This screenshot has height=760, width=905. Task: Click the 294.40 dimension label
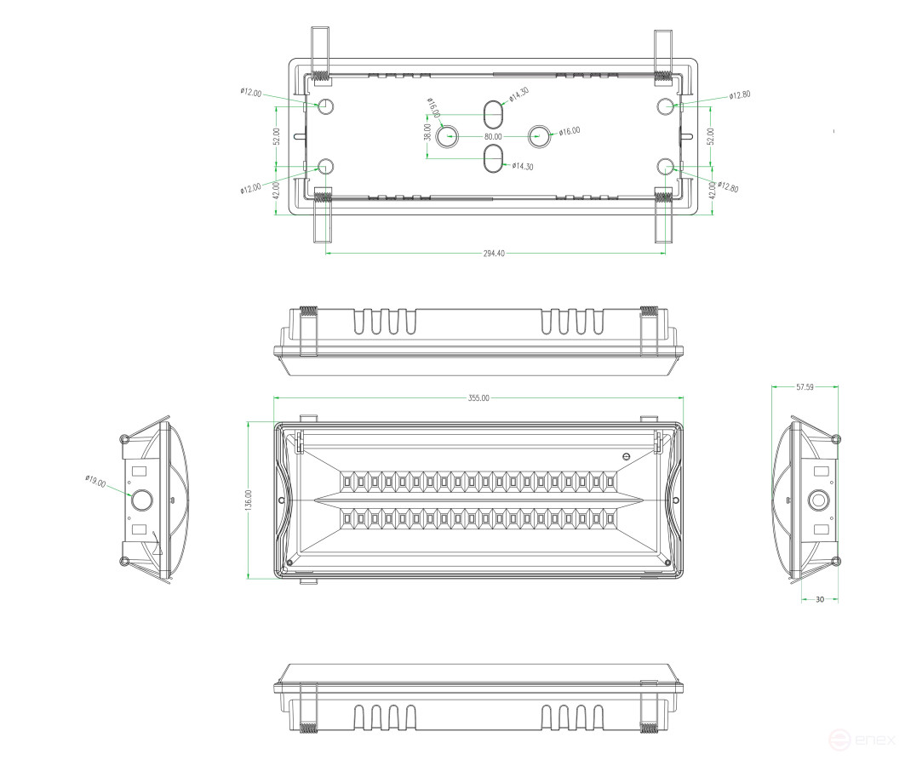point(494,253)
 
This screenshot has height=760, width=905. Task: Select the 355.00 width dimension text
point(478,397)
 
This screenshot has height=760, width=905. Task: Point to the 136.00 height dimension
point(249,500)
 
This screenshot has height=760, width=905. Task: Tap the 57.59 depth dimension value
point(805,387)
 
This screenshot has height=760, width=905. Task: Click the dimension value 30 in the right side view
point(820,600)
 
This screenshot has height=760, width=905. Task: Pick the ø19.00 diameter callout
point(95,482)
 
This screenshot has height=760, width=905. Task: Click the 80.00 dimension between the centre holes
point(493,136)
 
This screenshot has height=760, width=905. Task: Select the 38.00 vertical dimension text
point(427,132)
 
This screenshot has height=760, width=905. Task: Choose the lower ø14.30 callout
point(523,167)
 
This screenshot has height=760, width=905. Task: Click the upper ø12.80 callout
point(740,95)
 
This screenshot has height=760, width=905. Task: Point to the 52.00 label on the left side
point(276,136)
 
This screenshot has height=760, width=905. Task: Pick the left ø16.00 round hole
point(446,136)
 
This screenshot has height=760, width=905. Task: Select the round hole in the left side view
point(140,498)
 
